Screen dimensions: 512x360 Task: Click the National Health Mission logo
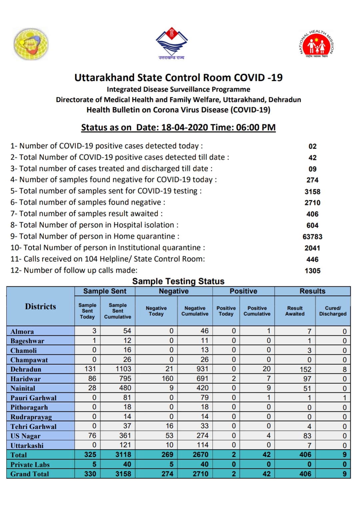coord(316,44)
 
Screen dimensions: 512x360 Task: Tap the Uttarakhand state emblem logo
coord(172,43)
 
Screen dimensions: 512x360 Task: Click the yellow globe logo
coord(31,44)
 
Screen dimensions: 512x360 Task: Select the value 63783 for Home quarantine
coord(312,237)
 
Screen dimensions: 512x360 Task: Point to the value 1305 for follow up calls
coord(312,271)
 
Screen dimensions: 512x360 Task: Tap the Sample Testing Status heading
coord(178,281)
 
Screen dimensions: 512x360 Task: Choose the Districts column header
coord(40,307)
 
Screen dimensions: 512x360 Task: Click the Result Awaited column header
coord(295,311)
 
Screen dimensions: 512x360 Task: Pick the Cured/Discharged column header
coord(333,311)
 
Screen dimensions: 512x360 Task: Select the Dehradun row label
coord(26,369)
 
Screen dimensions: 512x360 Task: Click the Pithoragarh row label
coord(29,407)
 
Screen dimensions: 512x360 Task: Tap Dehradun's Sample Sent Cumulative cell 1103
coord(123,369)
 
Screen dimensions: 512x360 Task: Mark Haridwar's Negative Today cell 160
coord(168,379)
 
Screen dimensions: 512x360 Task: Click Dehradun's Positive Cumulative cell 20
coord(266,369)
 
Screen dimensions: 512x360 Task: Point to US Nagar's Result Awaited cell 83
coord(307,436)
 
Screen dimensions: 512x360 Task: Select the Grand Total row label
coord(30,474)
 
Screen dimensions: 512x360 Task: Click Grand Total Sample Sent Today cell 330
coord(90,474)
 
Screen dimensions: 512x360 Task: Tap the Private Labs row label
coord(30,465)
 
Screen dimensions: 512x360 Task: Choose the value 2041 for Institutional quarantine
coord(312,248)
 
